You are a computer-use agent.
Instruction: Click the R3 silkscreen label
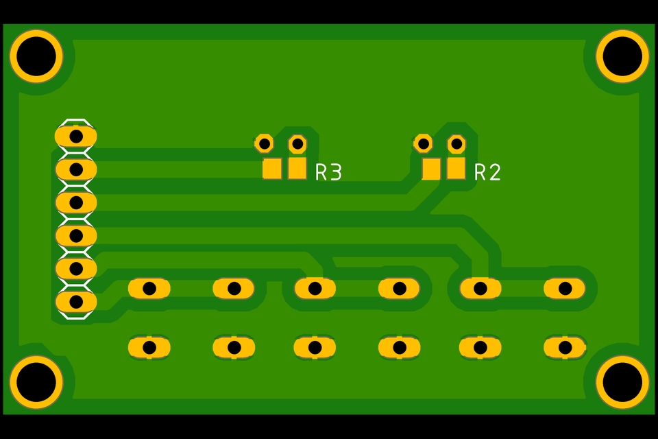(328, 172)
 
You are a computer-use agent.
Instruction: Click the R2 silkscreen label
(487, 172)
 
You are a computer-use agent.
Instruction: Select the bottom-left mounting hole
(36, 382)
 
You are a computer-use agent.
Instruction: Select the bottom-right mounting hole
(622, 382)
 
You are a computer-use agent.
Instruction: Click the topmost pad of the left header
(76, 137)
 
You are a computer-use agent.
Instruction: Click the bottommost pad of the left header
(76, 301)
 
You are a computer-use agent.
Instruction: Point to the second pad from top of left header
(76, 169)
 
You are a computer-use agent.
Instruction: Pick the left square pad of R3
(272, 168)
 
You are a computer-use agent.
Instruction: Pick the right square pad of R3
(297, 167)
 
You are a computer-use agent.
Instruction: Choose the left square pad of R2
(431, 168)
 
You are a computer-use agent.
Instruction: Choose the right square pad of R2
(456, 167)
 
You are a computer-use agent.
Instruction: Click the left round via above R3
(264, 143)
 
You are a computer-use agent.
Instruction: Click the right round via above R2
(456, 144)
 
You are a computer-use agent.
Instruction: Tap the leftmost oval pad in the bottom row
(149, 348)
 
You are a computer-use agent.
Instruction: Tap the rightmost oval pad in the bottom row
(565, 348)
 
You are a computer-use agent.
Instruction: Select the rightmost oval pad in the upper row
(565, 289)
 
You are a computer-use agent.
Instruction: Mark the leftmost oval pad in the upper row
(149, 289)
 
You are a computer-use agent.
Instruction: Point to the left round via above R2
(424, 143)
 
